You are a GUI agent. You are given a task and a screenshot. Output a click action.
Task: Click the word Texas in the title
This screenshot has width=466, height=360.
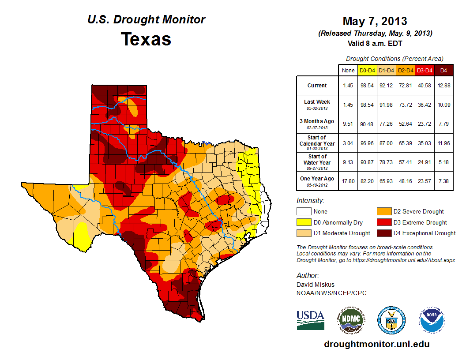coord(146,39)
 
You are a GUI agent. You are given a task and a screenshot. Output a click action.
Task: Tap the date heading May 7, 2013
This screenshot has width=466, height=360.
coord(375,21)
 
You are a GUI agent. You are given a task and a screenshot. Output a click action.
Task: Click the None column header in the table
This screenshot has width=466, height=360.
coord(348,70)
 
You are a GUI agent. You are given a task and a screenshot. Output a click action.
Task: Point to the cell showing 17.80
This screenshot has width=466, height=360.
coord(348,178)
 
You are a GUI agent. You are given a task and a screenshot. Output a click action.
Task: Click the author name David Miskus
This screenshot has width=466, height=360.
coord(316,284)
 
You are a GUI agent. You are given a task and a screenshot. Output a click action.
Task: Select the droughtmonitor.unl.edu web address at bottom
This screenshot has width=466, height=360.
coord(376,344)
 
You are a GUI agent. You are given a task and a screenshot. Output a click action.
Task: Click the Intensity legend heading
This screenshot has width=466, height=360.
coord(310,201)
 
